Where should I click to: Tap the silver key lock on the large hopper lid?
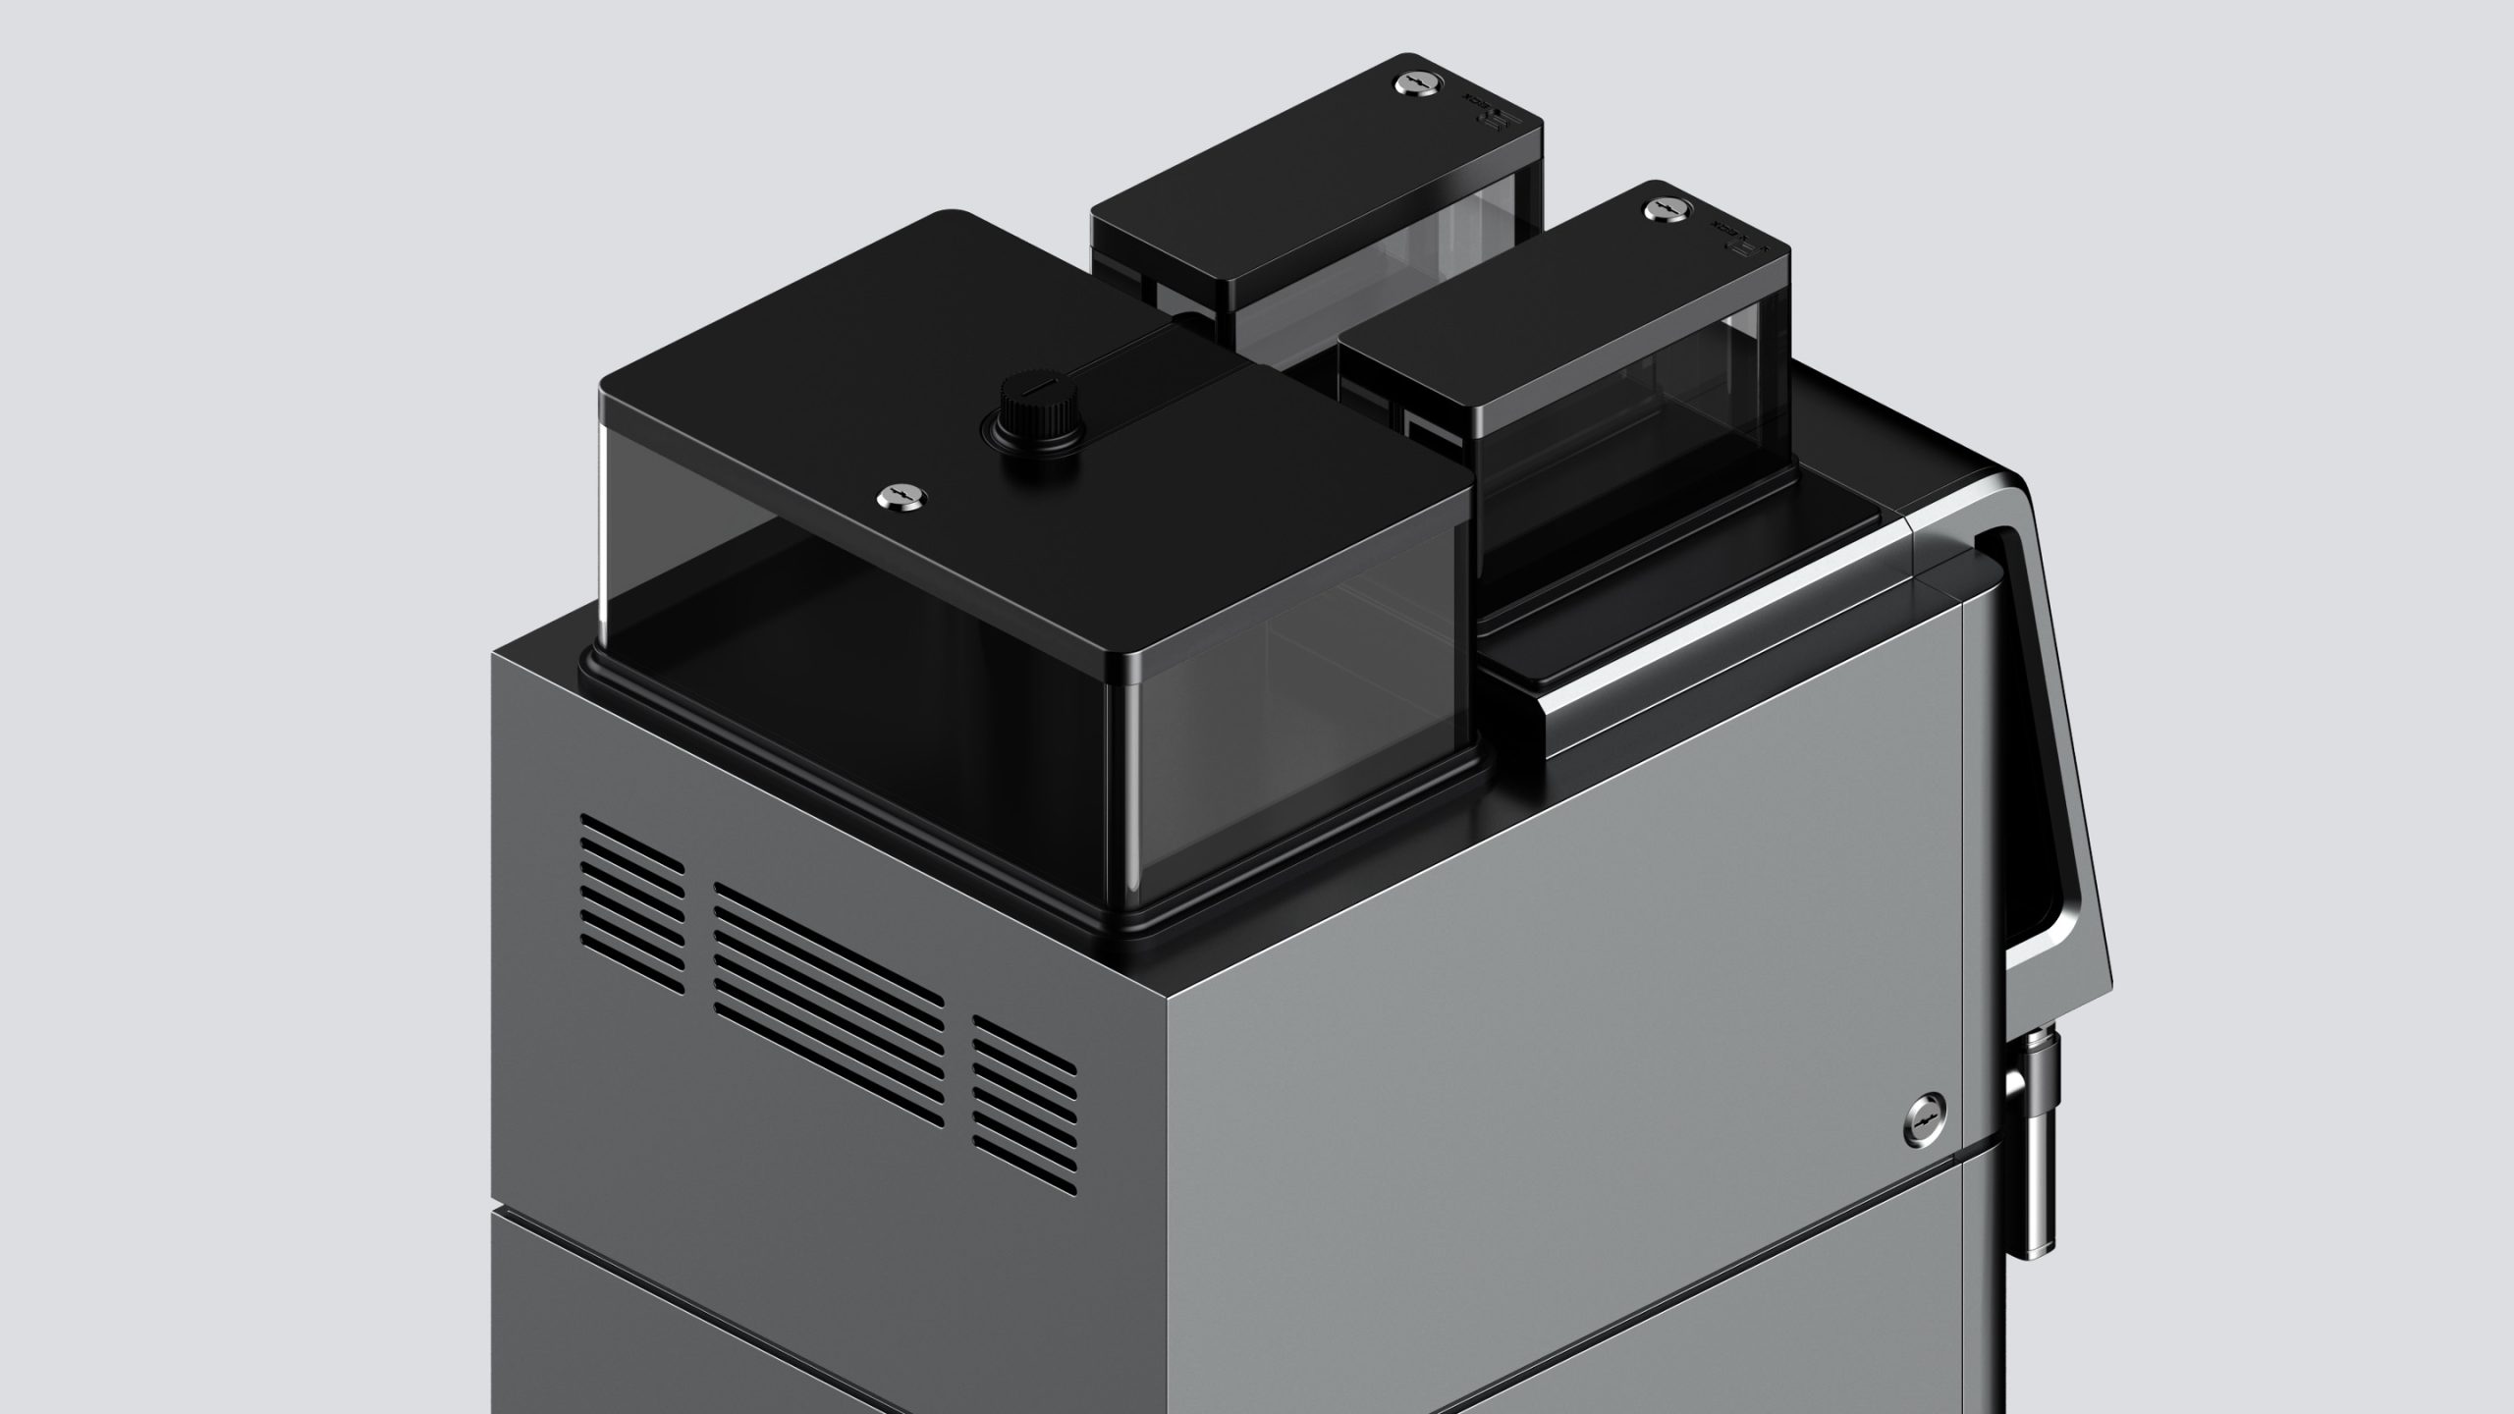pyautogui.click(x=894, y=496)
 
